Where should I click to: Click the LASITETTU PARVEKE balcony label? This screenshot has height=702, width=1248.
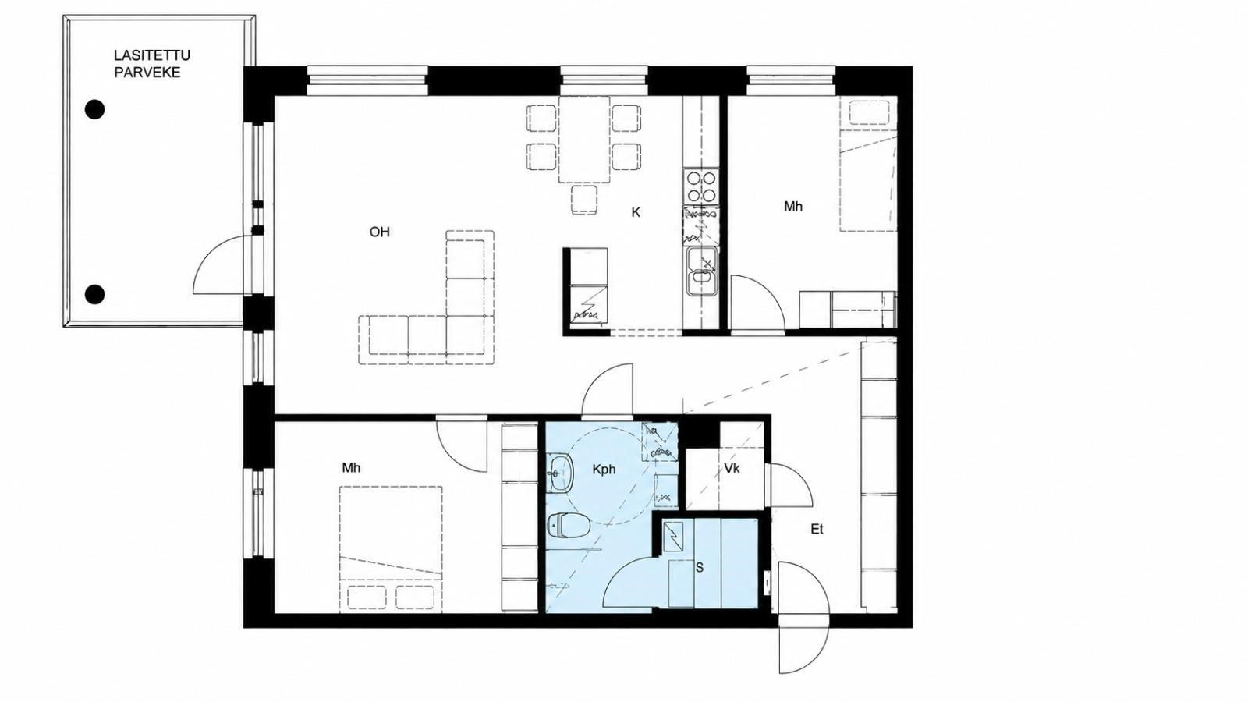click(151, 64)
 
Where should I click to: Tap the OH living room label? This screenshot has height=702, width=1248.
click(379, 232)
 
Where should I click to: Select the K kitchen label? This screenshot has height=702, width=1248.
click(636, 212)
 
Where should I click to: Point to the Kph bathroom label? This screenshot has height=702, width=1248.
click(604, 470)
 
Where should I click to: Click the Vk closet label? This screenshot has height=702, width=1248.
click(732, 469)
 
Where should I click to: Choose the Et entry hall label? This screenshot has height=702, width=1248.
click(817, 530)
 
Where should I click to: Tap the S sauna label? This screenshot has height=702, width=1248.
click(700, 568)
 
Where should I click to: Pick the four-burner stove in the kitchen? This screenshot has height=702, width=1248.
click(701, 186)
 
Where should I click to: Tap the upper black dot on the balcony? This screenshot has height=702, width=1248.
click(94, 109)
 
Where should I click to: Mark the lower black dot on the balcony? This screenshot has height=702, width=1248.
click(94, 293)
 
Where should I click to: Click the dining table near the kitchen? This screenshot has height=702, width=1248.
click(584, 140)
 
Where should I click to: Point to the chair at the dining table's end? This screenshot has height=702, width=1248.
click(584, 200)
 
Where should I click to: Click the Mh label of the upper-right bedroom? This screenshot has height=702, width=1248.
click(793, 207)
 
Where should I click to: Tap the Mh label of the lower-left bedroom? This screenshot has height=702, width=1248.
click(351, 468)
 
